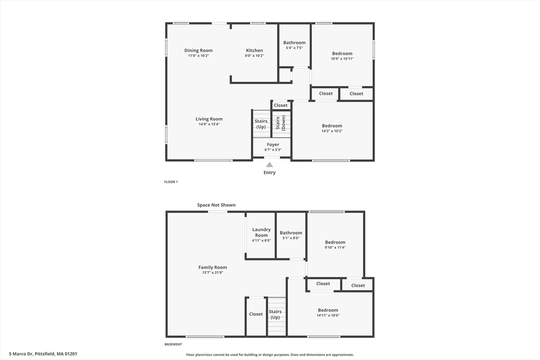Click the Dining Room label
tap(198, 51)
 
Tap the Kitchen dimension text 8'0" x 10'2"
tap(254, 56)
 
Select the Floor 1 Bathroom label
tap(294, 43)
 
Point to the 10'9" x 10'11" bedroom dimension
tap(342, 59)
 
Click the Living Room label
tap(209, 119)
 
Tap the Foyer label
tap(273, 144)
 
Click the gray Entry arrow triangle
tap(269, 164)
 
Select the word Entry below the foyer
tap(269, 172)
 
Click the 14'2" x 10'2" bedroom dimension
tap(332, 131)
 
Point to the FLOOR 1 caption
tap(171, 182)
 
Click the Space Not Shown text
tap(216, 205)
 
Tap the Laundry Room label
tap(262, 232)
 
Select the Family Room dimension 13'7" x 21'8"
tap(213, 273)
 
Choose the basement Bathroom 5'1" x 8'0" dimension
tap(291, 238)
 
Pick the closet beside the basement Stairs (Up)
tap(256, 314)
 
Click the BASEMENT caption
tap(173, 344)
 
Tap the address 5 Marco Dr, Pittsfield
tap(43, 354)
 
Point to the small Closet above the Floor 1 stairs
tap(281, 105)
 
